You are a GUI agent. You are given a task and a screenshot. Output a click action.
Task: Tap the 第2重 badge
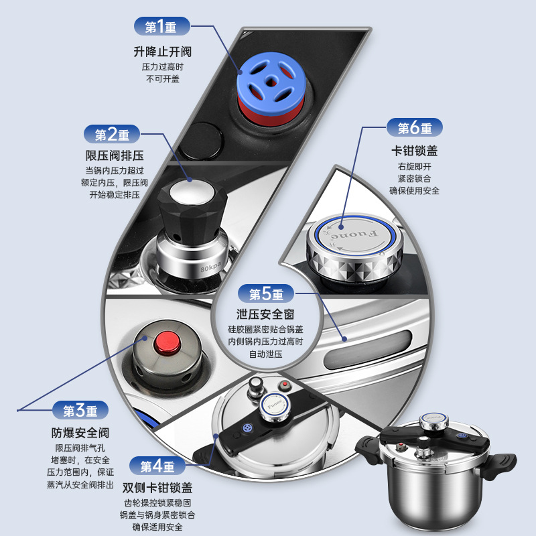[x=113, y=135]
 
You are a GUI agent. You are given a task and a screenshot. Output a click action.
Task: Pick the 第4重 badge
[x=157, y=466]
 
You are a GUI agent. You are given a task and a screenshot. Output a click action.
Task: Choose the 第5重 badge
[x=266, y=293]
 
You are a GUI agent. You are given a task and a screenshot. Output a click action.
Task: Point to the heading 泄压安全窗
[x=266, y=314]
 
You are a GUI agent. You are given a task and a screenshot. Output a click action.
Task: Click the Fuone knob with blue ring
[x=354, y=241]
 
